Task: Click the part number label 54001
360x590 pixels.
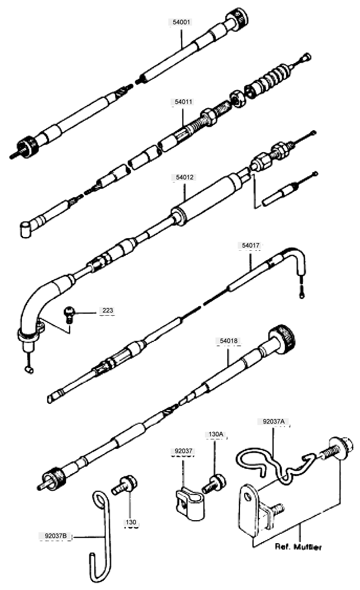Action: click(x=181, y=22)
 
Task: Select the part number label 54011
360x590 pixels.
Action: click(x=183, y=102)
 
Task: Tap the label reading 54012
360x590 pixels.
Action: click(x=184, y=177)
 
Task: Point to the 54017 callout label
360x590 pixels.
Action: click(x=251, y=245)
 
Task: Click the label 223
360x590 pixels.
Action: click(x=108, y=310)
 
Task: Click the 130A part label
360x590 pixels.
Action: click(x=215, y=434)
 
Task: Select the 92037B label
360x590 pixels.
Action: click(x=55, y=535)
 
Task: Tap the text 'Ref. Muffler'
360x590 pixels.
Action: click(x=298, y=547)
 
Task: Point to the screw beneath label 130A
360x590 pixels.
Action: click(x=215, y=483)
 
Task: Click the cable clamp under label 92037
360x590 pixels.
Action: click(x=190, y=502)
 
